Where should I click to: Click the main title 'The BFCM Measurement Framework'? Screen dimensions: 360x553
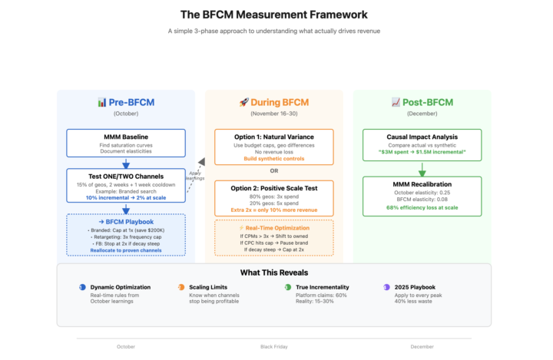point(274,15)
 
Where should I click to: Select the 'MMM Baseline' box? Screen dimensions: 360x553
point(126,143)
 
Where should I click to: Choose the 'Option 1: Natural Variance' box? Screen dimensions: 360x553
point(274,147)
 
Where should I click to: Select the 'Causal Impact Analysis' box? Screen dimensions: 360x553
point(422,143)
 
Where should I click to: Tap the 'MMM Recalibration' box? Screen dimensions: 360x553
point(422,195)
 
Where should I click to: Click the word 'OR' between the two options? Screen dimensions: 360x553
point(274,171)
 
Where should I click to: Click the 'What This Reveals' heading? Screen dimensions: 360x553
point(274,272)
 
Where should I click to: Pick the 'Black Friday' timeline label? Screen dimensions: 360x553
point(274,346)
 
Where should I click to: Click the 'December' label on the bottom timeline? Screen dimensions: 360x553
point(422,346)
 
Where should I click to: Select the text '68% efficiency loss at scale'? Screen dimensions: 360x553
point(422,207)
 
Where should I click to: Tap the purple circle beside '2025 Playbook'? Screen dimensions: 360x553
point(386,286)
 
